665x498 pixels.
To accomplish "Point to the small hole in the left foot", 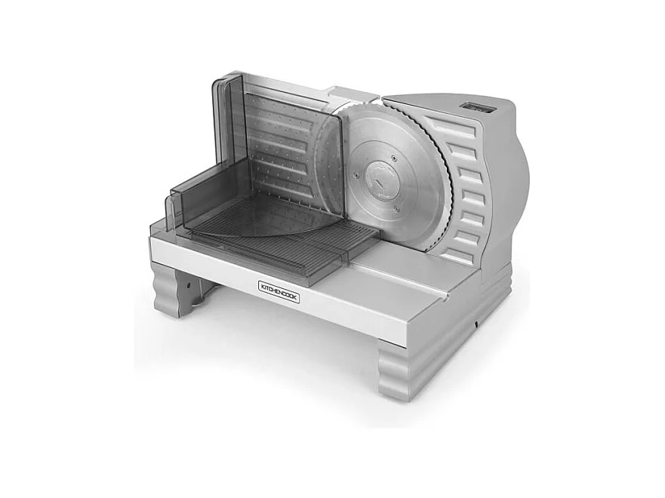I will click(x=185, y=287).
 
